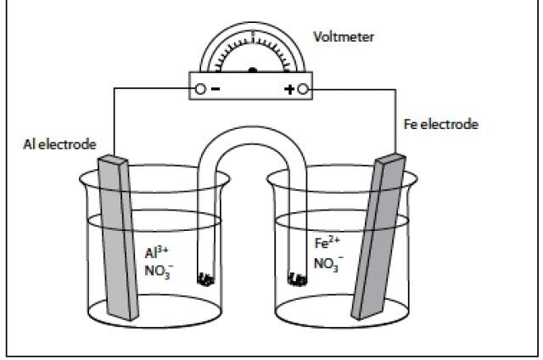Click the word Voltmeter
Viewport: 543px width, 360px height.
(343, 37)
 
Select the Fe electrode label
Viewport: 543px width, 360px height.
(440, 125)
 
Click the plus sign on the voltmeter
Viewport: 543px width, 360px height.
(288, 87)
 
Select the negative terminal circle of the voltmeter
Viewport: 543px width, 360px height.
(200, 87)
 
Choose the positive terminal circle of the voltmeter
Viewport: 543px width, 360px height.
(303, 87)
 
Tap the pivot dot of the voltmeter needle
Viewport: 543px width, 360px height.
(252, 70)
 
